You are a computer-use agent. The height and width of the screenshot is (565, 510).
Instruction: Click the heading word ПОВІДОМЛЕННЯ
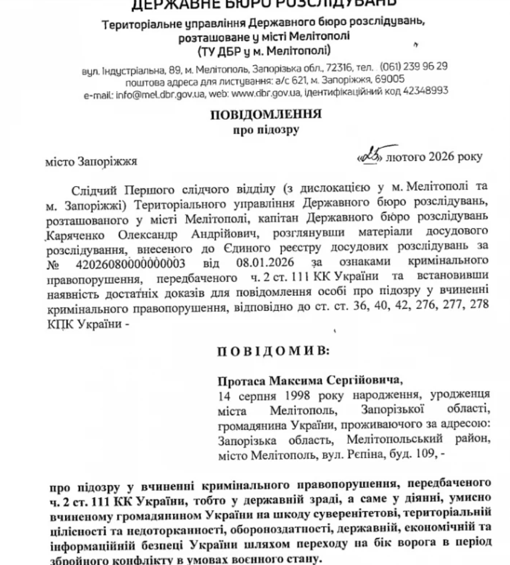pyautogui.click(x=266, y=115)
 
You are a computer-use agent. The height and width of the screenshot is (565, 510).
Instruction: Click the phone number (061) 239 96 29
pyautogui.click(x=414, y=67)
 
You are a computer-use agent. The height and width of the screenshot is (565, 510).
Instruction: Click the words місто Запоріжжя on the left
pyautogui.click(x=91, y=162)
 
